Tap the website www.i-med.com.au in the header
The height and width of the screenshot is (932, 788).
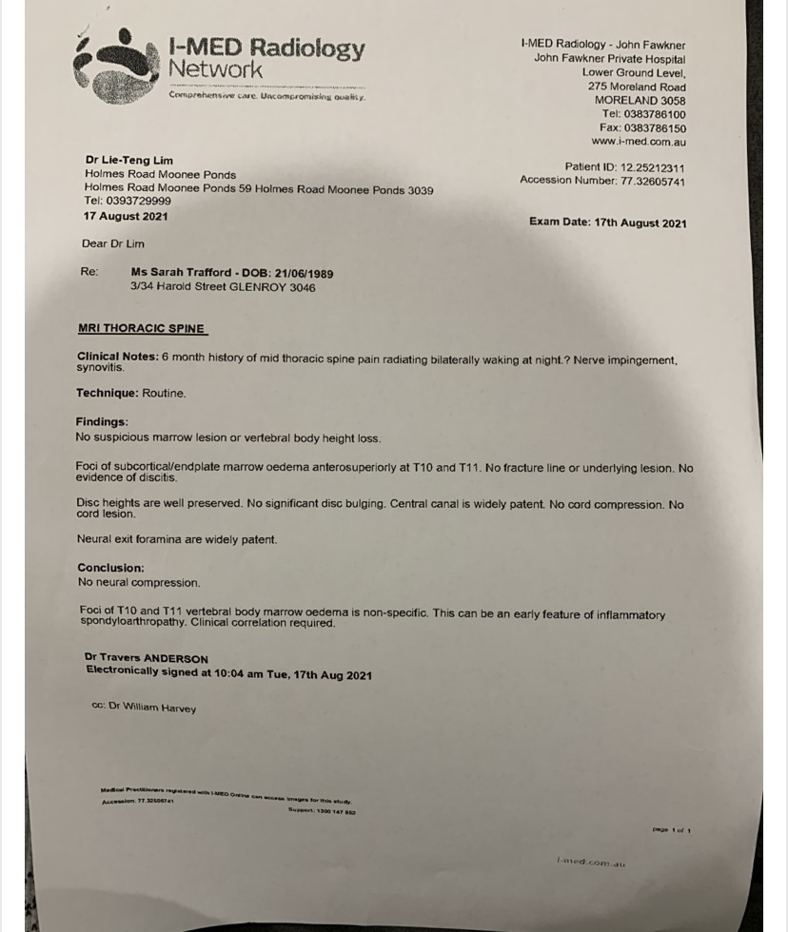638,142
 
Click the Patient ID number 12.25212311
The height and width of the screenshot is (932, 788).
652,167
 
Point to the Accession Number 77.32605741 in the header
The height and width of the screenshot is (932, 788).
652,181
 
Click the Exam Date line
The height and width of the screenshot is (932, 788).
607,223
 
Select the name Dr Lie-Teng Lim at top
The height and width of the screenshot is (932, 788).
128,161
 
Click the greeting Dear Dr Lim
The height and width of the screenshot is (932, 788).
113,243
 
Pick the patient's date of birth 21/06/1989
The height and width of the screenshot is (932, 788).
304,274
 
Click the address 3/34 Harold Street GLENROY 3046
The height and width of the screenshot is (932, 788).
223,287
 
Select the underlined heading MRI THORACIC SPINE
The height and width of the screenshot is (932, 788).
141,328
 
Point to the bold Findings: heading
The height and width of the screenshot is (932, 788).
102,422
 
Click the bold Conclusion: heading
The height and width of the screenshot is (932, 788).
110,568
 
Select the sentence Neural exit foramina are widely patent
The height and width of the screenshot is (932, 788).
177,539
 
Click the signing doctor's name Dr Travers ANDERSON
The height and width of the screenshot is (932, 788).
146,658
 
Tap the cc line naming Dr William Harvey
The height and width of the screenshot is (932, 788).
144,708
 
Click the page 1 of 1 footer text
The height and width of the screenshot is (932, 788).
671,830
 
